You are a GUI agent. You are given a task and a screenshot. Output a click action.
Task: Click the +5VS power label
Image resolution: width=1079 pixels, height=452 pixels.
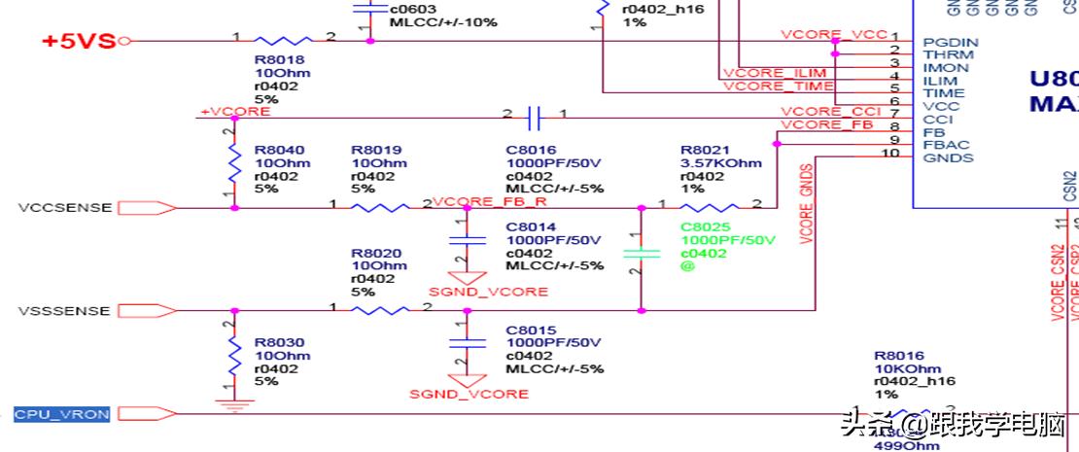click(x=79, y=41)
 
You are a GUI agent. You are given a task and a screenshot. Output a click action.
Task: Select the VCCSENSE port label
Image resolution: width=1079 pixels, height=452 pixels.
click(x=65, y=208)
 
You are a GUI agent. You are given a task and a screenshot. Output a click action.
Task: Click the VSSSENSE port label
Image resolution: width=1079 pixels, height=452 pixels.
click(x=65, y=311)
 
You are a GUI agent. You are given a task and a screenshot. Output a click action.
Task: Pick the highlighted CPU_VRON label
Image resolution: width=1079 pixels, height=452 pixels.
click(x=62, y=414)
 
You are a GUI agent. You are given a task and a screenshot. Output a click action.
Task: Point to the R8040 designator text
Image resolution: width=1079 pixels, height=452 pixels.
click(x=279, y=151)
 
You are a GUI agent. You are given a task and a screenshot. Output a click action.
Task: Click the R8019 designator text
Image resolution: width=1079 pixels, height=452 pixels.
click(x=376, y=151)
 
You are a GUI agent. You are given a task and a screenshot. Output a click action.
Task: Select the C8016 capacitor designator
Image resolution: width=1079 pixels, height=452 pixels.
click(x=531, y=151)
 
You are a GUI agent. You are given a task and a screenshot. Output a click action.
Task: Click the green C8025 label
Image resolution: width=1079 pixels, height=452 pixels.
click(x=705, y=226)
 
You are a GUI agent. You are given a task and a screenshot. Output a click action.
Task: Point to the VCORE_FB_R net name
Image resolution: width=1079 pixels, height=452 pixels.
click(x=490, y=202)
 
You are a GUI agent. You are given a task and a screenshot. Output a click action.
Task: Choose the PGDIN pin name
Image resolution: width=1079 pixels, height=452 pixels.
click(x=951, y=43)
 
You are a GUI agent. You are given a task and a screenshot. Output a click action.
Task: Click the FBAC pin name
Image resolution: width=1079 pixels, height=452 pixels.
click(x=946, y=145)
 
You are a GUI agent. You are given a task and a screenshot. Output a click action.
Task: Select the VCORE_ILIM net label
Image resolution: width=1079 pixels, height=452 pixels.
click(x=774, y=73)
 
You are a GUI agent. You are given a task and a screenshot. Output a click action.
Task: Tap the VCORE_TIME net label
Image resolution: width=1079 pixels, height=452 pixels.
click(x=779, y=87)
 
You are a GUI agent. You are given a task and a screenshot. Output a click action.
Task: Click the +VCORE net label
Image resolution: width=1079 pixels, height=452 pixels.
click(x=234, y=112)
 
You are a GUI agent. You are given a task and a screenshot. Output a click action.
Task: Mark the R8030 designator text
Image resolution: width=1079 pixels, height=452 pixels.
click(x=279, y=343)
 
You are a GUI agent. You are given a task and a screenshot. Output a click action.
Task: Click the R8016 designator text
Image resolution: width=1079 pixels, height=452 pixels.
click(x=899, y=357)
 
